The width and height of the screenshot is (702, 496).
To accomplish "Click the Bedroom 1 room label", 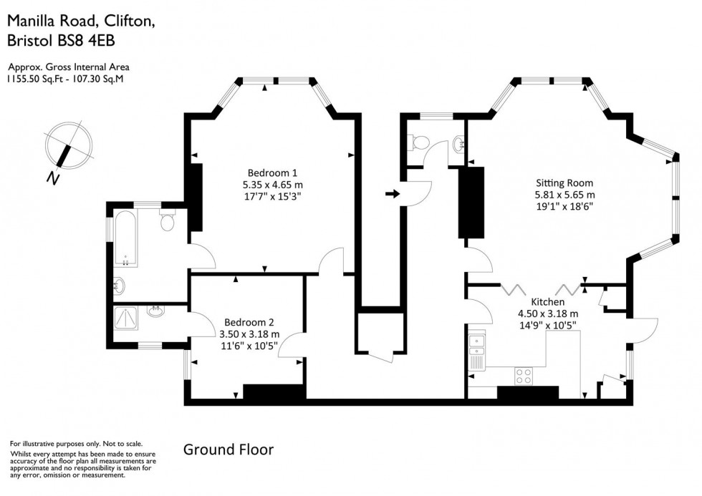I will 271,172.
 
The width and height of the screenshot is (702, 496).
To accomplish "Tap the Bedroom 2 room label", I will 249,322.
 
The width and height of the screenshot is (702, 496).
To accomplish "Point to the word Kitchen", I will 547,301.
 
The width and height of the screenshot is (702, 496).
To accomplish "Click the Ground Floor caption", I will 229,449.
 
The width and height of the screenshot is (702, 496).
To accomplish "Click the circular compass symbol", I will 69,144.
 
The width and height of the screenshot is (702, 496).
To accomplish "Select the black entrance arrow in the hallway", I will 392,193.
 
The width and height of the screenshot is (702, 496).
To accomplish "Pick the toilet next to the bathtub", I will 168,222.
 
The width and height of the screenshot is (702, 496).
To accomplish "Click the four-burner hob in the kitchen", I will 524,374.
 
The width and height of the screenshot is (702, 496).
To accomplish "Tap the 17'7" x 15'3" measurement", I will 271,196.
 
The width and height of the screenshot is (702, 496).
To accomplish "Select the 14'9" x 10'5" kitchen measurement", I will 547,325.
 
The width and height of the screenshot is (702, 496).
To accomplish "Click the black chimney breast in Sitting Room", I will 471,202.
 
